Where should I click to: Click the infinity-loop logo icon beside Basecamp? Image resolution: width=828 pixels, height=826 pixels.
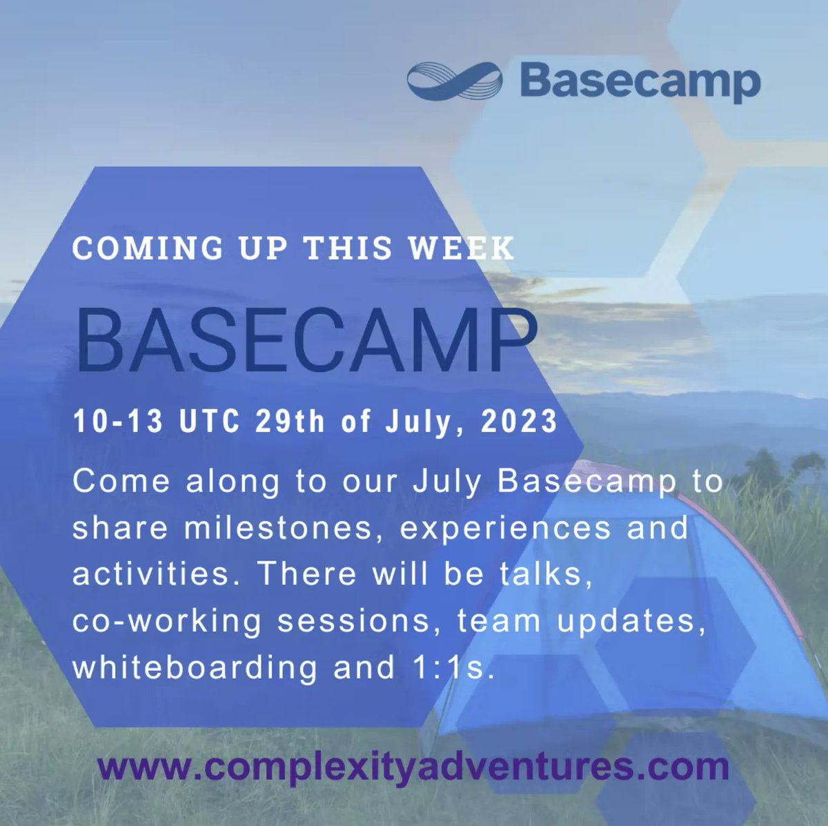coord(453,81)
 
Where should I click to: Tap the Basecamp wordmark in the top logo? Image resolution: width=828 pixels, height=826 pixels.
coord(640,81)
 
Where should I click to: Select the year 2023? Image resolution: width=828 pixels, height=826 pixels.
coord(519,421)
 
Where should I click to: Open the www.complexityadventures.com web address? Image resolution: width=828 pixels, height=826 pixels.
coord(413,767)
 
